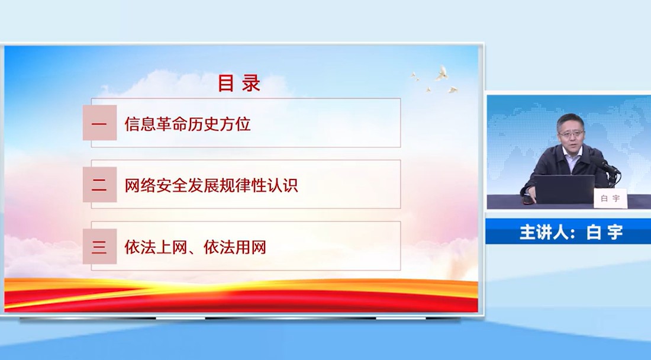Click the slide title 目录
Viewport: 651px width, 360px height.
click(x=239, y=83)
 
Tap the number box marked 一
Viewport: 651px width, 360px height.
click(x=99, y=123)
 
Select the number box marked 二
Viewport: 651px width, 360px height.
click(x=99, y=184)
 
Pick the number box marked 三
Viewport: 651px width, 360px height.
click(x=99, y=246)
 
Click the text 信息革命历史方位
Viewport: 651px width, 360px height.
click(x=188, y=124)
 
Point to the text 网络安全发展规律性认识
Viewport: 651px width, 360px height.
click(x=211, y=185)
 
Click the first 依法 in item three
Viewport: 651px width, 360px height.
click(x=140, y=247)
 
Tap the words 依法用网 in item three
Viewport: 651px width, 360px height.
click(x=234, y=247)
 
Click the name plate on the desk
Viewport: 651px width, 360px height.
click(x=610, y=198)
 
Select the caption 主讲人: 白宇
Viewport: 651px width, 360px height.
click(x=571, y=232)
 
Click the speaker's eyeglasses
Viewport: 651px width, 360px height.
click(x=571, y=134)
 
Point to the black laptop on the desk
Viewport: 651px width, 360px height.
click(x=564, y=189)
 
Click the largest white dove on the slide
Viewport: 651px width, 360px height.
click(x=441, y=73)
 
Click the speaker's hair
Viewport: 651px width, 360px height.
click(x=570, y=120)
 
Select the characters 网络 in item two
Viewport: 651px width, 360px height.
click(x=140, y=185)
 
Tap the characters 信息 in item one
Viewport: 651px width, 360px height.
click(x=140, y=124)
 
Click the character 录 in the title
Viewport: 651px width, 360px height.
click(x=251, y=83)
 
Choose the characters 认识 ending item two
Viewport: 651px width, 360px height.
click(x=282, y=185)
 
